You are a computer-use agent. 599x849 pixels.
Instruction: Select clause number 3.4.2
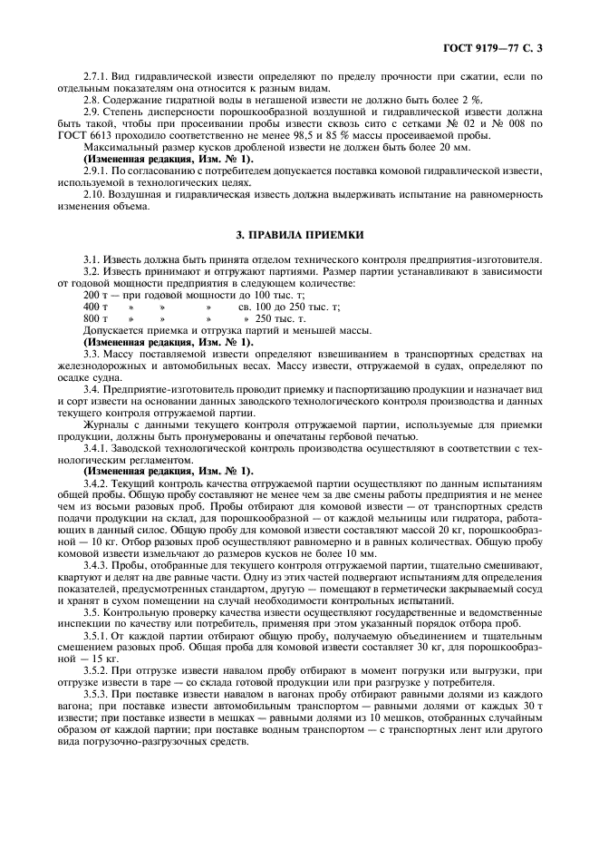click(x=97, y=483)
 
